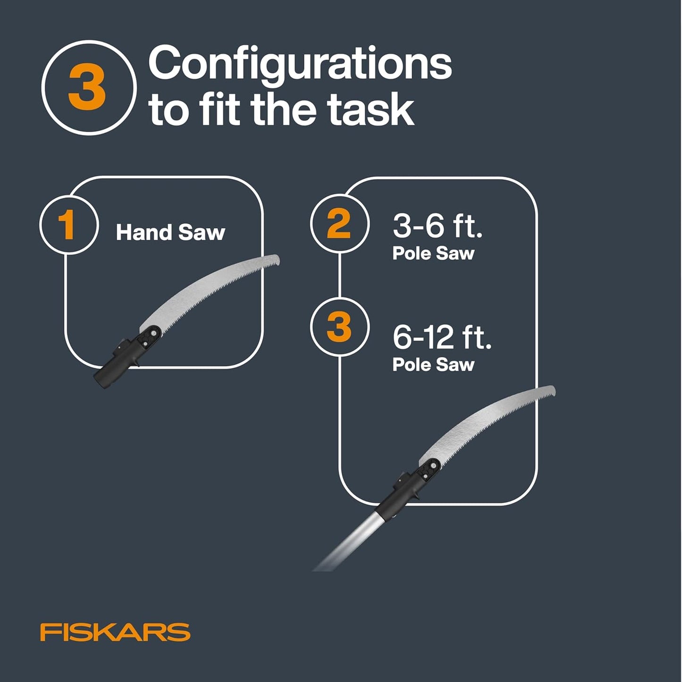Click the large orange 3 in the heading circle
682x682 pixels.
tap(87, 88)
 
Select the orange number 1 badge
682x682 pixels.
tap(68, 225)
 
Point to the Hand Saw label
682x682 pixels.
tap(170, 233)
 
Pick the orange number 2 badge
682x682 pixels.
tap(339, 224)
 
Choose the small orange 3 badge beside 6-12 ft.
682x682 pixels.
tap(339, 327)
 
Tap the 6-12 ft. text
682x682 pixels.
tap(442, 337)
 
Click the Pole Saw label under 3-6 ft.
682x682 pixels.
tap(433, 253)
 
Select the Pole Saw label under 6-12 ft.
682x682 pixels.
tap(433, 365)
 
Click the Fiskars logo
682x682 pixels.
tap(115, 632)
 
